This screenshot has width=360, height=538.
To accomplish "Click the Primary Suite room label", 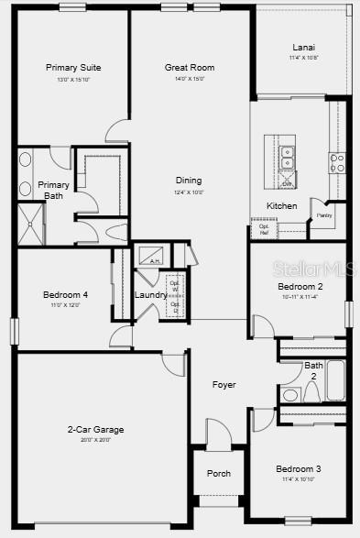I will click(x=73, y=68).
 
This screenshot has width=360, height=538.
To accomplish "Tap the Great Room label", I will click(x=190, y=68).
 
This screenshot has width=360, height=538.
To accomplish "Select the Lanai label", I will click(x=303, y=48).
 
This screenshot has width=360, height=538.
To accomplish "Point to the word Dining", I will click(x=189, y=181).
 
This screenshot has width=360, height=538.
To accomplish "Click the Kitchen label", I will click(x=281, y=206).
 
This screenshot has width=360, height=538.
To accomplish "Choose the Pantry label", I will click(x=324, y=215).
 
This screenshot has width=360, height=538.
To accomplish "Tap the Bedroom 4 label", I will click(x=65, y=295).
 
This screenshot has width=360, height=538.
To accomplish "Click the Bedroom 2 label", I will click(x=300, y=287).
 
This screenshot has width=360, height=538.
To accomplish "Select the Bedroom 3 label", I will click(x=299, y=469).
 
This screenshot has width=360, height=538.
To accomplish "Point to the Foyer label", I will click(x=224, y=385).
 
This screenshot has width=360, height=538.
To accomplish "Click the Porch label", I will click(x=219, y=474).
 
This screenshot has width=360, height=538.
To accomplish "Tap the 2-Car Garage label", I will click(x=95, y=430).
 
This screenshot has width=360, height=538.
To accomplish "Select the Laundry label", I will click(x=150, y=295).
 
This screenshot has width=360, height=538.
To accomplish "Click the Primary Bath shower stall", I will click(x=31, y=225).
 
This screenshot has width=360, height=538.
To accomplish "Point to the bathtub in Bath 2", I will click(x=335, y=379).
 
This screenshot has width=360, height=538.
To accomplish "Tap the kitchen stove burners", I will click(x=337, y=163).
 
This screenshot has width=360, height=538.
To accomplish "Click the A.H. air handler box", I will click(x=149, y=254).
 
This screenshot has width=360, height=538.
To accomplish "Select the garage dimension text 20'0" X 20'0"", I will click(x=95, y=440).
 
